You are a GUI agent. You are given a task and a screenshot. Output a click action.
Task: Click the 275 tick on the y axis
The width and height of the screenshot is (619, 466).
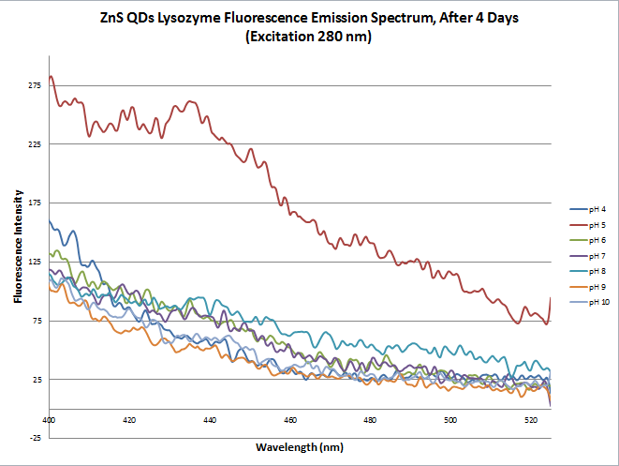pyautogui.click(x=35, y=85)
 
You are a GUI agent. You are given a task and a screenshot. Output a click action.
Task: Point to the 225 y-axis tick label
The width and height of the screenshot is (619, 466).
pyautogui.click(x=35, y=144)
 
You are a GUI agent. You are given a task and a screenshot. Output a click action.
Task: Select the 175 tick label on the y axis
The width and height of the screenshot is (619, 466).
pyautogui.click(x=35, y=203)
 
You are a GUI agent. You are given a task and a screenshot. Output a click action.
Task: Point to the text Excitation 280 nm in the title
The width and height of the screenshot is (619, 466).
pyautogui.click(x=309, y=38)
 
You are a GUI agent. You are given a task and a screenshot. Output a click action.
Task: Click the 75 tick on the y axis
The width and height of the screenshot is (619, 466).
pyautogui.click(x=37, y=321)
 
